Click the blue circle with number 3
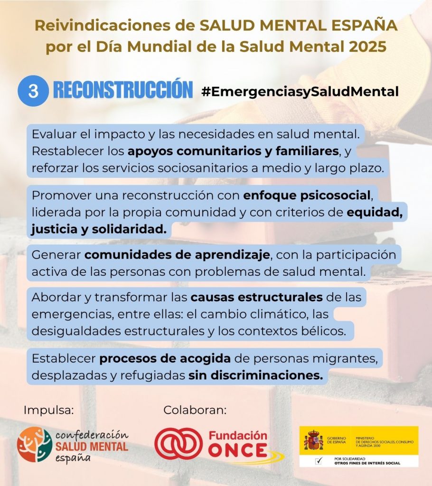(x=33, y=92)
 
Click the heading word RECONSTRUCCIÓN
(x=123, y=91)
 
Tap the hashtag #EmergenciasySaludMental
(x=300, y=92)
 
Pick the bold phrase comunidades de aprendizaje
(x=177, y=254)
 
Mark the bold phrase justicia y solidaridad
(x=99, y=229)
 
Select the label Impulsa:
(x=49, y=410)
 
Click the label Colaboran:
(x=195, y=410)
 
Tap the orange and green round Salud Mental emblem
(x=34, y=445)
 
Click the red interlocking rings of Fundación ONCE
(x=179, y=445)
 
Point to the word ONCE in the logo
(x=237, y=450)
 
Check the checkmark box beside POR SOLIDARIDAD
(x=313, y=460)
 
